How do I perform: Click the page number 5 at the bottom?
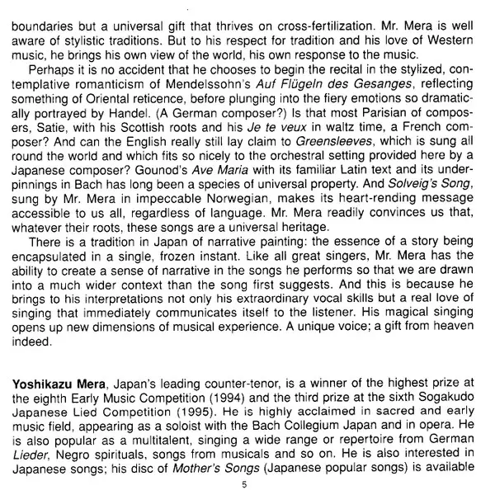pyautogui.click(x=244, y=483)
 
